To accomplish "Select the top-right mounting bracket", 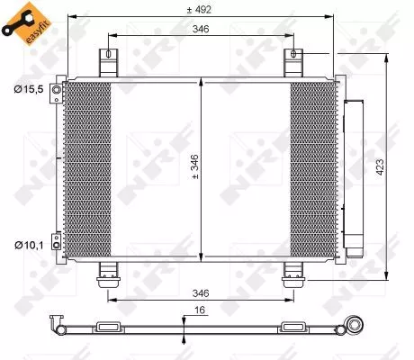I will (x=292, y=63).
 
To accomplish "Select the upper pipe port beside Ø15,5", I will (x=57, y=93).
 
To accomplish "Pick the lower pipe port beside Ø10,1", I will (x=57, y=241).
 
